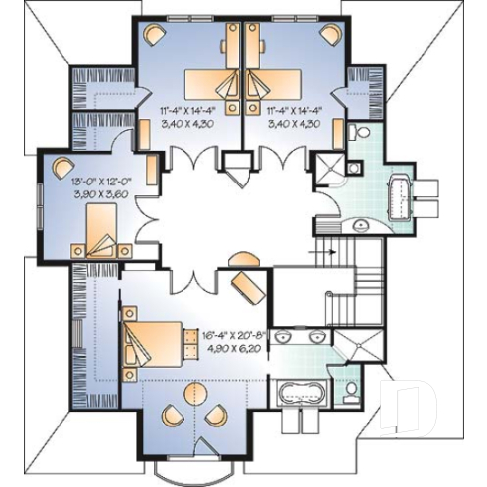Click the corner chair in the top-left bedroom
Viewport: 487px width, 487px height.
(154, 35)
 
